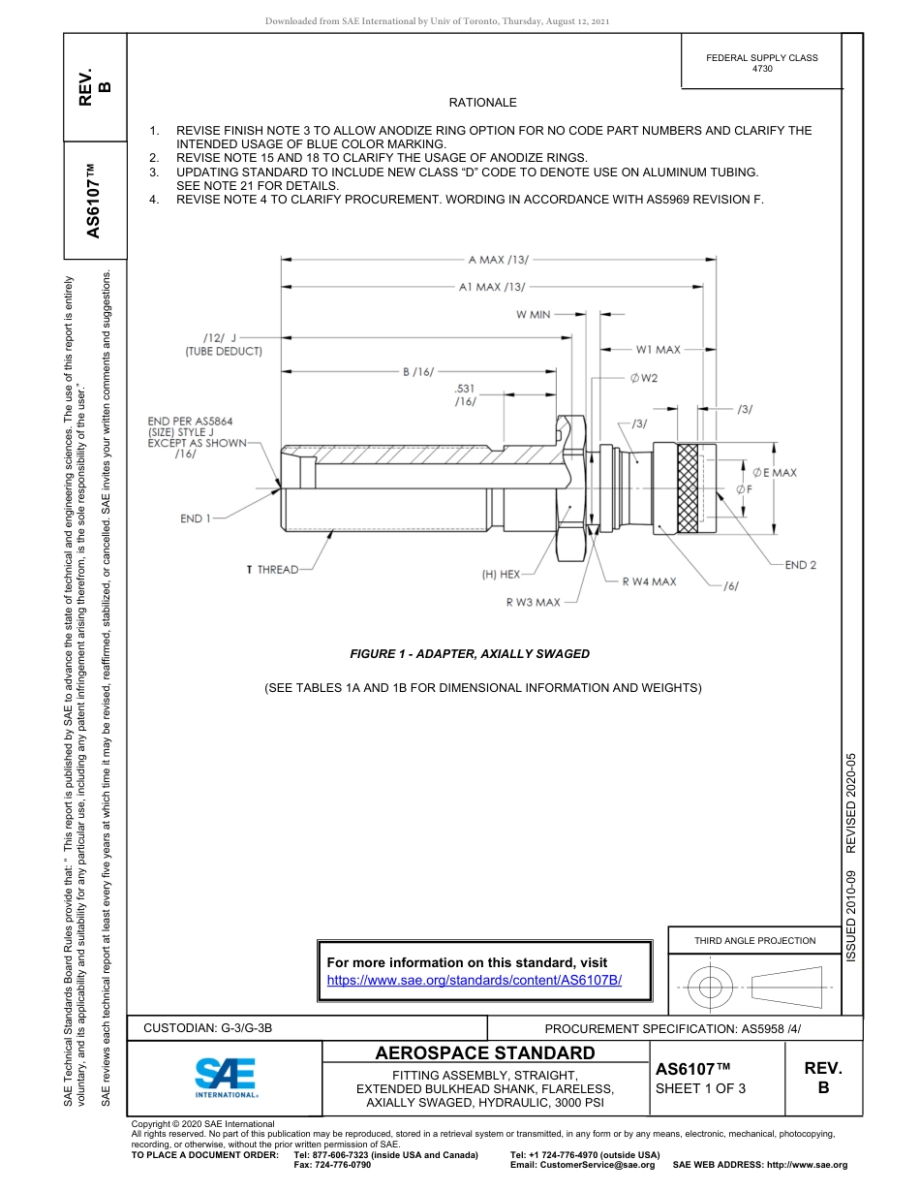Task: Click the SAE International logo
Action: (226, 1076)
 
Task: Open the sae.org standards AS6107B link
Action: (475, 980)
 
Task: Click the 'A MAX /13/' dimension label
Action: (498, 260)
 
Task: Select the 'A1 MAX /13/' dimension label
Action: (493, 287)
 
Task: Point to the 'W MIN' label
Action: (533, 314)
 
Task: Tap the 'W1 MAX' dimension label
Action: (658, 349)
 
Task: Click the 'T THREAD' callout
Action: (272, 570)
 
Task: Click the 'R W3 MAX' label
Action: (533, 602)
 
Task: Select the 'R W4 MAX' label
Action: (649, 581)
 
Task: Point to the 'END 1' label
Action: (195, 518)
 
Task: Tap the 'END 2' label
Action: (800, 565)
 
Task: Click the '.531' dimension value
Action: (465, 389)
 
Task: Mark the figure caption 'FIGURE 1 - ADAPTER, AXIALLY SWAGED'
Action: (470, 654)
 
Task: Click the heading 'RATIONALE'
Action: (482, 103)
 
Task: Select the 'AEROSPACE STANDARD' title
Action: (485, 1052)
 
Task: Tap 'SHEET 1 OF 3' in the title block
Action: (700, 1088)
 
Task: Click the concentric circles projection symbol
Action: (711, 988)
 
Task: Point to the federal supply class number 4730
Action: (762, 70)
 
